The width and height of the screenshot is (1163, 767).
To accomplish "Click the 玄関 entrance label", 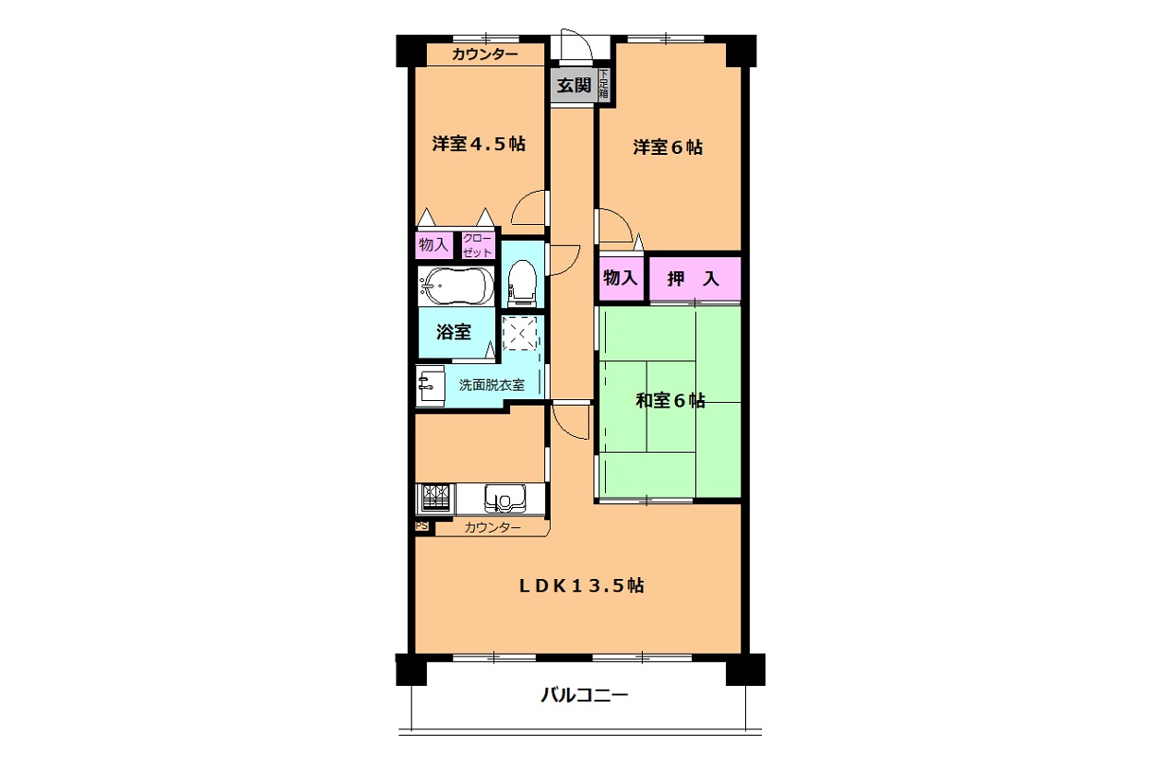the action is point(574,85).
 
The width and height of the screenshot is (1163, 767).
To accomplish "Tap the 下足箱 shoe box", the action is point(603,85).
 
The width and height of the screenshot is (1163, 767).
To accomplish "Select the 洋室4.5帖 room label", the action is point(479,144).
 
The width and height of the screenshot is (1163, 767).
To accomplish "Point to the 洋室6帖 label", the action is point(668,147).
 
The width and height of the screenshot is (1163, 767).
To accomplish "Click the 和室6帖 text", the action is point(671,401).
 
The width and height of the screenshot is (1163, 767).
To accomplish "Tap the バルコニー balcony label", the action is point(585,695).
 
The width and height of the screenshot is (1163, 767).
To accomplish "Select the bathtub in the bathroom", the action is point(457,287).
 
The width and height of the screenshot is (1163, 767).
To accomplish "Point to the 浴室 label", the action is point(454,332).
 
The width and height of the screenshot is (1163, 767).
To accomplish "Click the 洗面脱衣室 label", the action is point(492,385).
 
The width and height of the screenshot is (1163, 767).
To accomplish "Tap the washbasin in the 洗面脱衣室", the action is point(431,386).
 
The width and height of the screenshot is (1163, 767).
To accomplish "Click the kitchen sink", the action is point(505,499).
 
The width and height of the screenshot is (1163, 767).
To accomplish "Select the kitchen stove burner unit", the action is point(435,499).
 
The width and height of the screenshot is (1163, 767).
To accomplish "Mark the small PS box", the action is point(422,526).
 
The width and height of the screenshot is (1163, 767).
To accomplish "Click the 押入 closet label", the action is point(694,279).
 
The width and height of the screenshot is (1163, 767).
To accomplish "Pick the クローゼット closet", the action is point(478,245).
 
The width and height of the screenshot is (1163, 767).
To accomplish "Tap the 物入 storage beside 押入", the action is point(621,278).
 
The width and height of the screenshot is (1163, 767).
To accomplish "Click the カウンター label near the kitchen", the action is point(492,528).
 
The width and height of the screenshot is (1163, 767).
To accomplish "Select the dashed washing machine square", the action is point(519,334).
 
